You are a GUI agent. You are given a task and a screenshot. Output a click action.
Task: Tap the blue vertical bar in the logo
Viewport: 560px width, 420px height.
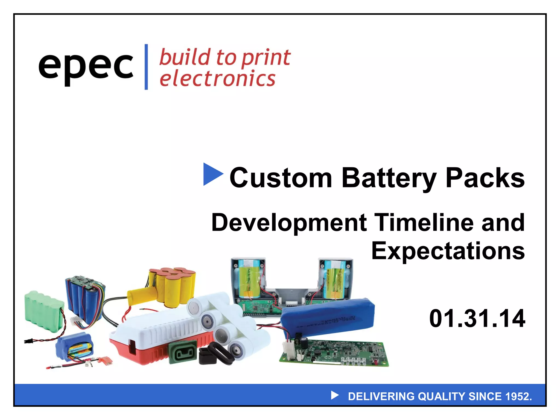[x=146, y=67]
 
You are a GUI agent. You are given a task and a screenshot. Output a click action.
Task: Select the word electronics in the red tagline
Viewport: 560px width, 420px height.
[x=217, y=79]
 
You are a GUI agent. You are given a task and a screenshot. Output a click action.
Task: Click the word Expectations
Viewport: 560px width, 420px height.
[x=448, y=251]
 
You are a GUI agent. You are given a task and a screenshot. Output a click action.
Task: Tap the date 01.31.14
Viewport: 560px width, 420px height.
[x=477, y=319]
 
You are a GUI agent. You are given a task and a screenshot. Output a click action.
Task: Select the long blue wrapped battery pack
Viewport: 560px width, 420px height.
[x=328, y=317]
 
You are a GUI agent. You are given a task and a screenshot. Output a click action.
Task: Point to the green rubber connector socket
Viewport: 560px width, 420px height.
[x=183, y=353]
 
